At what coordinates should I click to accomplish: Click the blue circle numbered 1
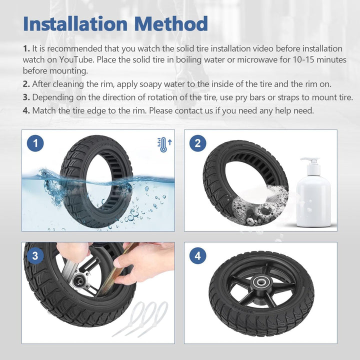35,143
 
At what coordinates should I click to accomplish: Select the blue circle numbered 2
198,143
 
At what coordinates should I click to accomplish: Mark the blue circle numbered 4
198,256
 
